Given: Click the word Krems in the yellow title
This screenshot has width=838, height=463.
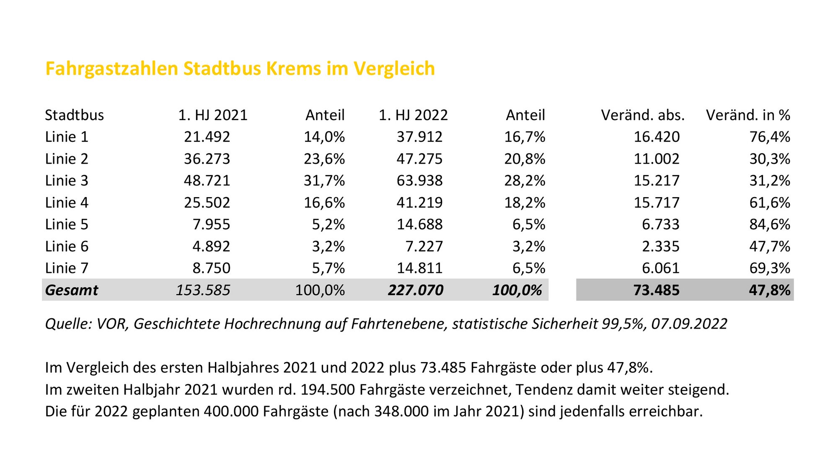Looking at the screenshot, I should click(x=293, y=69).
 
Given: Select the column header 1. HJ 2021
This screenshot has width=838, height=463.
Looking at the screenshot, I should click(x=213, y=115).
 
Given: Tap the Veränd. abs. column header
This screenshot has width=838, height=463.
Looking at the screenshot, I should click(x=643, y=115).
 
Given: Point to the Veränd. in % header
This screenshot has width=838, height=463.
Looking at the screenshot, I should click(x=748, y=115).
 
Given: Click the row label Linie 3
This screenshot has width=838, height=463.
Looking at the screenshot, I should click(x=67, y=181).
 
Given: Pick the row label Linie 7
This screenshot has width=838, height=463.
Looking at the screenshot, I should click(x=67, y=268).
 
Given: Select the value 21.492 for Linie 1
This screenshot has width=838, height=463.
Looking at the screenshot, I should click(x=207, y=137).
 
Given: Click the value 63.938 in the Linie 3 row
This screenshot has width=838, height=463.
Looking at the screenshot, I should click(x=419, y=181).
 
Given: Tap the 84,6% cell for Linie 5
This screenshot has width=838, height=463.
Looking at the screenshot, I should click(x=770, y=224).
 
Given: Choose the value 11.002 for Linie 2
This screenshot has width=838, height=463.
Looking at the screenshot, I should click(x=656, y=159).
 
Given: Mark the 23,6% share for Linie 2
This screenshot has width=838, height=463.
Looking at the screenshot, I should click(x=324, y=159).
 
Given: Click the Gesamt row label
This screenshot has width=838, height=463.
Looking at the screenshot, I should click(x=72, y=290).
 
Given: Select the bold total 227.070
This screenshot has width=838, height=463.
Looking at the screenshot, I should click(x=415, y=290).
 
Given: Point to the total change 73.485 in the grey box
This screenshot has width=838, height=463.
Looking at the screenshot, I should click(x=656, y=290).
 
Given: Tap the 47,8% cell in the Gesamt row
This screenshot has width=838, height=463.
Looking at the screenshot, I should click(x=770, y=290).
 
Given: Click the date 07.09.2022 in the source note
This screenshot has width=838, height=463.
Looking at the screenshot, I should click(x=689, y=324).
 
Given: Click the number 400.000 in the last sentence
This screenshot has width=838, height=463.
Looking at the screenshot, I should click(x=231, y=412).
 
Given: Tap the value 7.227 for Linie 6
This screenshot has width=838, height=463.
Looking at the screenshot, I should click(x=424, y=247).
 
